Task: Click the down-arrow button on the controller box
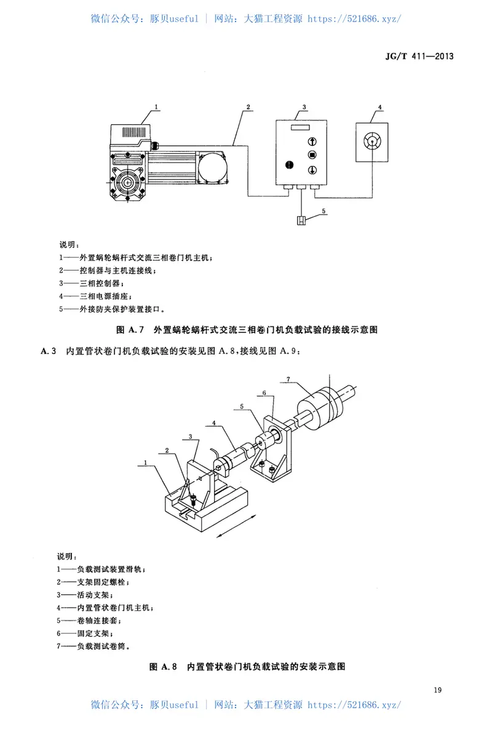pos(312,169)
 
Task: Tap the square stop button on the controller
pos(312,155)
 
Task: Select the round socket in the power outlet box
pos(371,141)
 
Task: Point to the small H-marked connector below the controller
pos(301,221)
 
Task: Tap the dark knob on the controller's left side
pos(289,165)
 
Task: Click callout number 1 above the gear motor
pos(157,107)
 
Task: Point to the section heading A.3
pos(49,350)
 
